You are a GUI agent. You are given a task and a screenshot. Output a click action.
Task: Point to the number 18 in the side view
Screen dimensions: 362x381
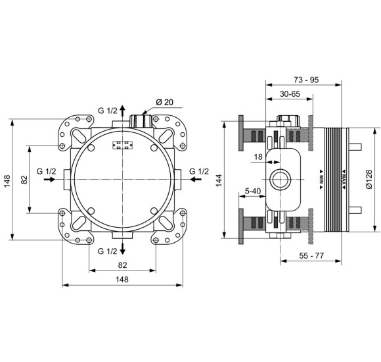coord(258,157)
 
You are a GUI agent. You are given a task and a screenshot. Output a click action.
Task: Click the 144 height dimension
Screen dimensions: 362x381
coord(219,179)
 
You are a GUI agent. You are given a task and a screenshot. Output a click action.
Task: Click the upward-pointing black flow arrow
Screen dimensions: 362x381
coord(123,110)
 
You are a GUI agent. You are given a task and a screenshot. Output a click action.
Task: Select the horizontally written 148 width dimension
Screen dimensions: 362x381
coord(123,280)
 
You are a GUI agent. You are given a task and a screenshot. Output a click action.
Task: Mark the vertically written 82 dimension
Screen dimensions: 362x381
coord(24,179)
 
